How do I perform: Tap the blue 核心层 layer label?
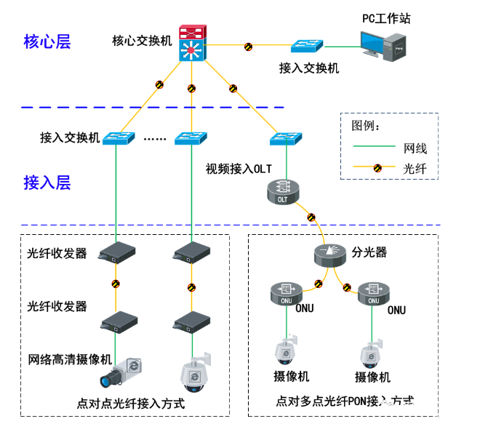[47, 41]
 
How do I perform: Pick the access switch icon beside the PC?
[305, 45]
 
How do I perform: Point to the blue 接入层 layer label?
[47, 182]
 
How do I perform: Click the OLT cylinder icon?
[283, 193]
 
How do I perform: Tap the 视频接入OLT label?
[238, 169]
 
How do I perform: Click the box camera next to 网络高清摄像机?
[126, 372]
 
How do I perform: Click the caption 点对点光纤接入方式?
[130, 403]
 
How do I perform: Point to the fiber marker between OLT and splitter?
[311, 217]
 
